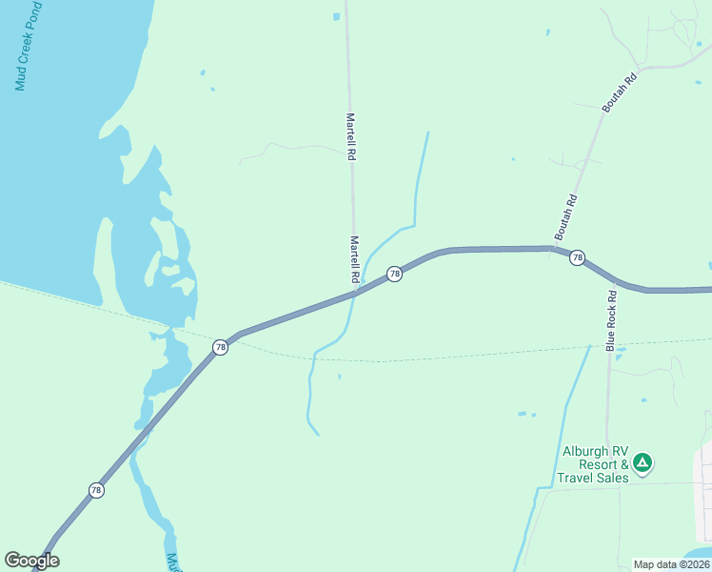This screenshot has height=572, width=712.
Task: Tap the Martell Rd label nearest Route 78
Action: coord(354,258)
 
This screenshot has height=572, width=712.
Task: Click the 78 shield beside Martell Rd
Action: coord(394,275)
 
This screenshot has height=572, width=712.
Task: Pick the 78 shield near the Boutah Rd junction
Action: coord(577,258)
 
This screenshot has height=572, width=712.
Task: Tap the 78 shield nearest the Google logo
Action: coord(96,490)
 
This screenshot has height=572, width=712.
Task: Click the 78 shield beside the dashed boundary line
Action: coord(221,347)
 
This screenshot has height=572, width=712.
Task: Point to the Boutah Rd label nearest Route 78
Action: coord(565,217)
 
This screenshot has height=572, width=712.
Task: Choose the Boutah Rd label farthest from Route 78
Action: coord(619,91)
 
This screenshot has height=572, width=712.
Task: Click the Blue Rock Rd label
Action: coord(612,321)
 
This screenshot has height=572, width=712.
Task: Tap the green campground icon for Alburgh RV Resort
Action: coord(643,463)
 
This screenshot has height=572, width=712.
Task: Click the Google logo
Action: coord(31,561)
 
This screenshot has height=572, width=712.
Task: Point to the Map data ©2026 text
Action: coord(670,564)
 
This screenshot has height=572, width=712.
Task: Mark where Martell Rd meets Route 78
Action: coord(355,293)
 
